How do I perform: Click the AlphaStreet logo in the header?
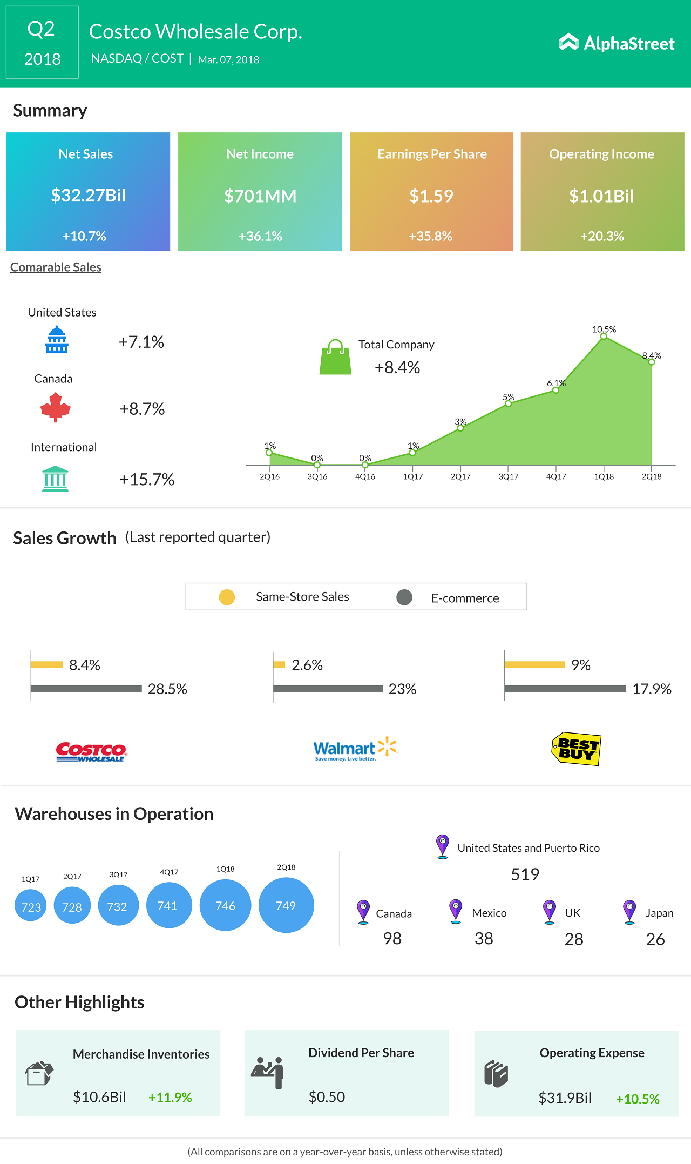point(617,43)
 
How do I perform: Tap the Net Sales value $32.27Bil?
point(88,195)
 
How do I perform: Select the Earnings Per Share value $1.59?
point(431,196)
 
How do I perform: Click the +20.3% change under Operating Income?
point(601,236)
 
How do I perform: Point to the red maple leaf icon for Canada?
point(56,407)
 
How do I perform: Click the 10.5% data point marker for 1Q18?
point(604,337)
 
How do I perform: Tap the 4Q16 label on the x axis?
point(365,476)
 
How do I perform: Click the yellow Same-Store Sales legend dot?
point(227,597)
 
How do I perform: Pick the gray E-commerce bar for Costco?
point(86,689)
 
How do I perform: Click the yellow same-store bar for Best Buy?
point(534,664)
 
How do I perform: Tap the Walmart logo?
point(355,749)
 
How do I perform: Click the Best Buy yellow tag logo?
point(576,749)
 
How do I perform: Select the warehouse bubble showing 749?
point(286,905)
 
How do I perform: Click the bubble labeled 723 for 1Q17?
point(31,907)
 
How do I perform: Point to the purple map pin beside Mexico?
point(456,911)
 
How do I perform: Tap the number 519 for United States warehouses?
point(525,874)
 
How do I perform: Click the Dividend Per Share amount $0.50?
point(327,1096)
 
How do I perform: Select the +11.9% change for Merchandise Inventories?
point(170,1097)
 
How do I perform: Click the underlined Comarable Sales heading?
point(56,267)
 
